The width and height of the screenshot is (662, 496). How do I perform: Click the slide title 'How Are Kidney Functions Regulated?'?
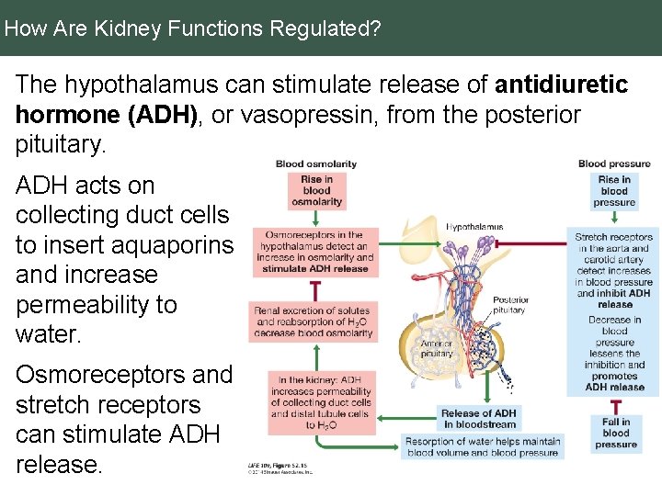pyautogui.click(x=192, y=28)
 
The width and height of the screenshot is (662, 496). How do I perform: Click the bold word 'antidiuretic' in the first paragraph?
pyautogui.click(x=561, y=85)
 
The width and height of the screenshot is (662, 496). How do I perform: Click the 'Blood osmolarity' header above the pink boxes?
pyautogui.click(x=316, y=163)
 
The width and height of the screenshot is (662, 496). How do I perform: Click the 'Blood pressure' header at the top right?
pyautogui.click(x=614, y=163)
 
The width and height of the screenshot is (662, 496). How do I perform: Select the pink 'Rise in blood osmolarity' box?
pyautogui.click(x=316, y=190)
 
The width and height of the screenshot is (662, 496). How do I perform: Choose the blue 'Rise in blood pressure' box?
pyautogui.click(x=614, y=191)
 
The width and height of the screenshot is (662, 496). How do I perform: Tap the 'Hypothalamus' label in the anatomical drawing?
pyautogui.click(x=474, y=226)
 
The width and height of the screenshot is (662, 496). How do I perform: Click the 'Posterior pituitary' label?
pyautogui.click(x=510, y=305)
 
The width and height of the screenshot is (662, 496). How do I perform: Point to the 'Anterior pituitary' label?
pyautogui.click(x=437, y=348)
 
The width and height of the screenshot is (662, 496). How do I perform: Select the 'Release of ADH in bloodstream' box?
pyautogui.click(x=479, y=419)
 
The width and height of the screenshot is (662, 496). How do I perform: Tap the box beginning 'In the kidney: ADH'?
pyautogui.click(x=321, y=402)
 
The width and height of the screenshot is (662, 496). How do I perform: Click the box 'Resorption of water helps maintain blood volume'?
pyautogui.click(x=483, y=447)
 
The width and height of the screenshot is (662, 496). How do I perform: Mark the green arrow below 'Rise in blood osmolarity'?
pyautogui.click(x=316, y=218)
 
